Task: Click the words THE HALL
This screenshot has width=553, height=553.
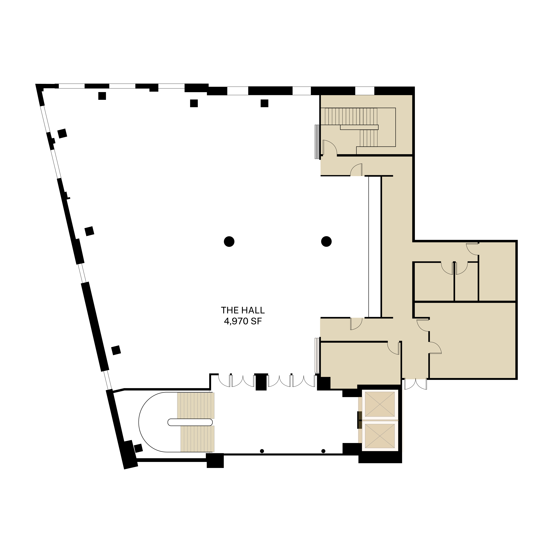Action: coord(243,310)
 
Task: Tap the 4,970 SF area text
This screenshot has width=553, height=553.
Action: coord(243,321)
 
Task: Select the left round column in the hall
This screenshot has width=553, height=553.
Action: coord(229,242)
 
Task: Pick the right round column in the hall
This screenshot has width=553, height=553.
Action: coord(326,242)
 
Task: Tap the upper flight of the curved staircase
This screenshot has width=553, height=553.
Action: coord(196,405)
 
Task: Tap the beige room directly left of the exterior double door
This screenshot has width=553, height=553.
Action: coord(360,364)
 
